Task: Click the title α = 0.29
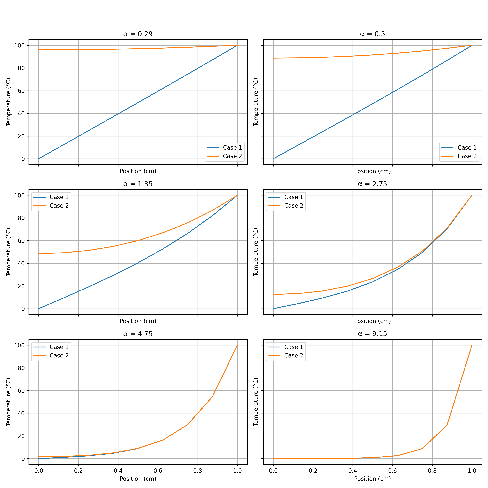138,34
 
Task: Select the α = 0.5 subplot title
372,34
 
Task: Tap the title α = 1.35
138,184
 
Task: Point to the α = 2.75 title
372,184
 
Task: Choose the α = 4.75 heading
138,334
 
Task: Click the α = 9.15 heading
372,334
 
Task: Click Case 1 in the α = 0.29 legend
232,147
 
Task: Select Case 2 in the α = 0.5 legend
467,156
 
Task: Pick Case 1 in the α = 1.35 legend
59,197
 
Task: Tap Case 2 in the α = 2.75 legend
293,206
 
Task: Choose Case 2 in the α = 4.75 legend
59,356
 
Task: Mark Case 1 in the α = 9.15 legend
293,347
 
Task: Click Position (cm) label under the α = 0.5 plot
372,171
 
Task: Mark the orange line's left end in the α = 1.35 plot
39,254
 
